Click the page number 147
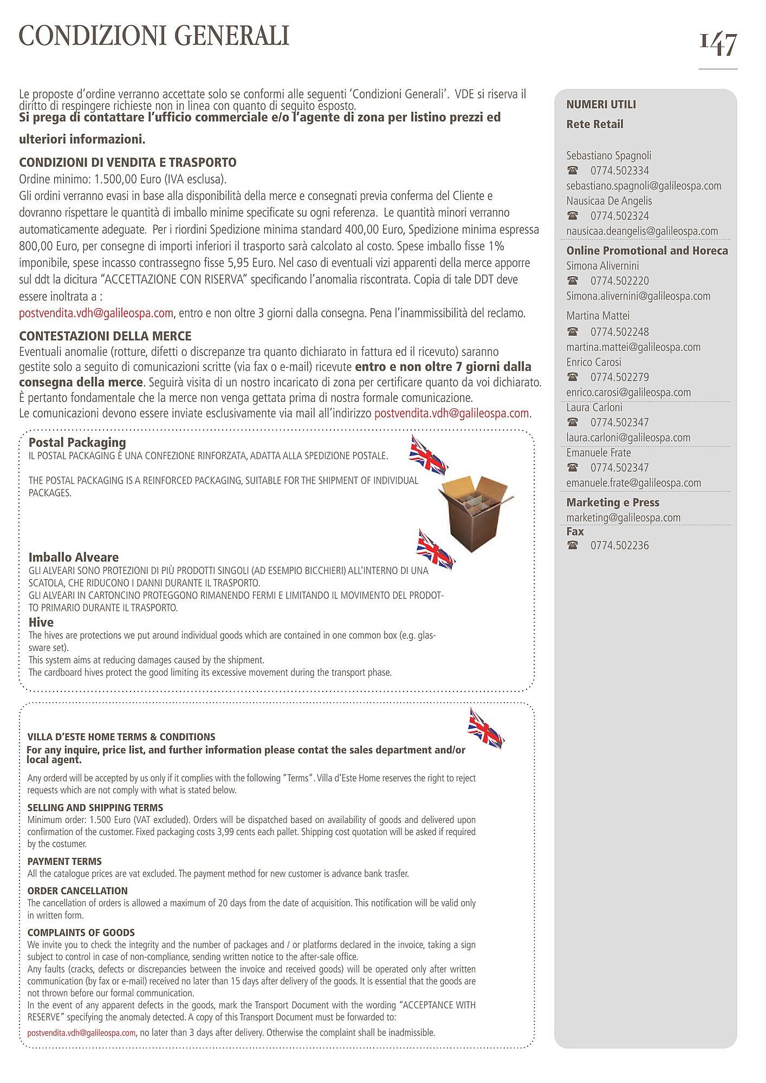[718, 44]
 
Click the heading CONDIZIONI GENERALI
[154, 36]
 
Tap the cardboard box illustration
[475, 512]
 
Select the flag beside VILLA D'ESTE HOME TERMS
[485, 729]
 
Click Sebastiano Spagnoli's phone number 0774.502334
[619, 171]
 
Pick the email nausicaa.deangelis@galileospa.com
[642, 231]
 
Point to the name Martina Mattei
[598, 316]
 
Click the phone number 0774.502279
[619, 377]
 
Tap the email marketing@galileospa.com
[623, 518]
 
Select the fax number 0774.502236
[619, 545]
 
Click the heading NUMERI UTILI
[601, 105]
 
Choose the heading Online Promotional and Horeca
[647, 251]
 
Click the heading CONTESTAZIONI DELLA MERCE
[105, 336]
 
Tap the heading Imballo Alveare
[73, 557]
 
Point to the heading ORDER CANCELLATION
[77, 891]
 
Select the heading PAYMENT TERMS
[64, 862]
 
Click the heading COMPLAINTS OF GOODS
[81, 932]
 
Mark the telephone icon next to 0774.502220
[572, 281]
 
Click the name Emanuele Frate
[598, 453]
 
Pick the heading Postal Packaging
[77, 442]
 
